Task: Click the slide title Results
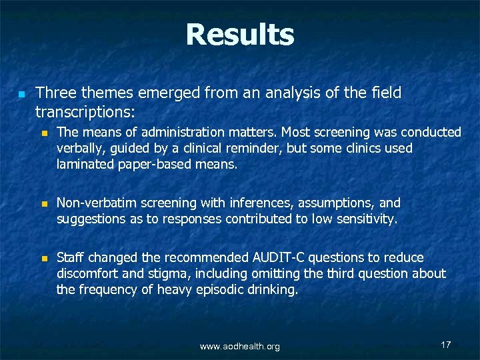coord(239,35)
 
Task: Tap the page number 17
coord(446,345)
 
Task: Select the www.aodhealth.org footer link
coord(240,347)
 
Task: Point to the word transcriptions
coord(83,109)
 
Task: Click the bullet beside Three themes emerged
coord(21,94)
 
